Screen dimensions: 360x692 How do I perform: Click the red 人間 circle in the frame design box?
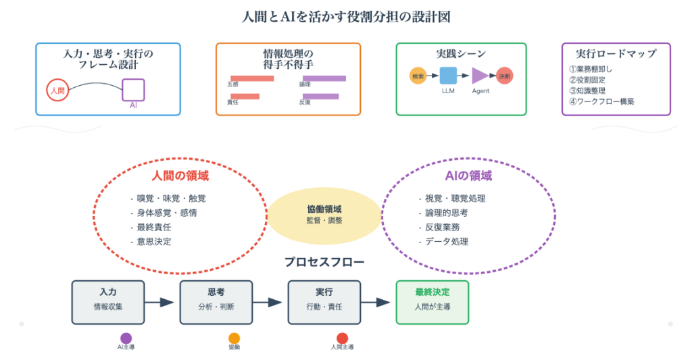click(x=57, y=91)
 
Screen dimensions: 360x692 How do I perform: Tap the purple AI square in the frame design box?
click(x=133, y=89)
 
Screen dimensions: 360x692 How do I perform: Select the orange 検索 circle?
click(x=418, y=76)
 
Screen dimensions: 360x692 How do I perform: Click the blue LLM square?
click(x=448, y=76)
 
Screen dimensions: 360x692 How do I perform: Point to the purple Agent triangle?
click(x=479, y=76)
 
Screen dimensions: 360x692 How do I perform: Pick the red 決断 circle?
click(x=504, y=76)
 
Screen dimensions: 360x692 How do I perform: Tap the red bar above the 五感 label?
click(x=252, y=78)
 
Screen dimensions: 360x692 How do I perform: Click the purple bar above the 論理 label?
click(x=322, y=78)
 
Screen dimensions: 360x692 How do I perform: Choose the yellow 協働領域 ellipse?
click(x=324, y=215)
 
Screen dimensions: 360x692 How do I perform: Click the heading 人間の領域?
click(x=179, y=176)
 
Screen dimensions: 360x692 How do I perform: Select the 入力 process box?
click(x=108, y=302)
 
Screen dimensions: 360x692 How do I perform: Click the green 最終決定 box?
click(x=432, y=302)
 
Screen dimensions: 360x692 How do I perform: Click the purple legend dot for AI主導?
click(x=126, y=338)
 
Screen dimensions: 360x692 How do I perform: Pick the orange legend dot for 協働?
click(x=234, y=338)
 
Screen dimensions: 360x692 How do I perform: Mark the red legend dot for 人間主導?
click(x=342, y=338)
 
